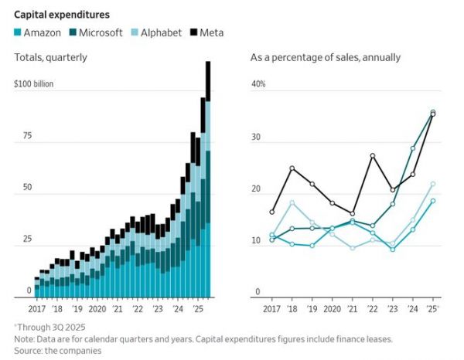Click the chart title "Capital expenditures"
click(x=61, y=15)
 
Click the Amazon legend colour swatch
click(x=19, y=32)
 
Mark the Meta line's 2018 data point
click(x=292, y=168)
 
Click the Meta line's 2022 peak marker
click(x=373, y=156)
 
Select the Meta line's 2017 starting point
click(x=272, y=212)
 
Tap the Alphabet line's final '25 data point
click(x=432, y=184)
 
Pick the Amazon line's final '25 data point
click(x=432, y=201)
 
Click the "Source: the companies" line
click(x=58, y=350)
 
